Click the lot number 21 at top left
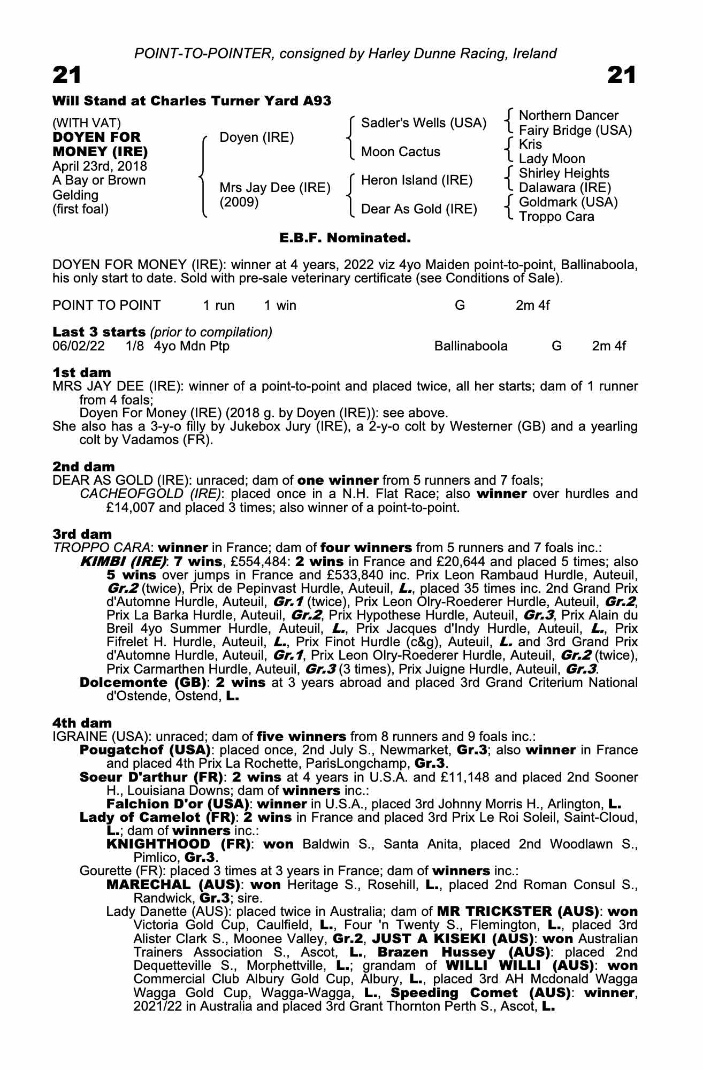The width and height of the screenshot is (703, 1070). click(x=67, y=75)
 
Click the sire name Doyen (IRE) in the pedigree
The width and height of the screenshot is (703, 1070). click(x=257, y=137)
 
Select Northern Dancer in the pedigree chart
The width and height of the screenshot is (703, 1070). click(x=569, y=116)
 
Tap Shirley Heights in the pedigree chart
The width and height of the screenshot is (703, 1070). click(x=564, y=173)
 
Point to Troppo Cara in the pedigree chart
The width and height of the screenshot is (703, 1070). click(x=556, y=217)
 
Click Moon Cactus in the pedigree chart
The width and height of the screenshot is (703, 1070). click(x=401, y=152)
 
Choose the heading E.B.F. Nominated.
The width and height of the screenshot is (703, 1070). click(x=345, y=238)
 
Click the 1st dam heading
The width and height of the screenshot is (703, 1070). click(x=82, y=373)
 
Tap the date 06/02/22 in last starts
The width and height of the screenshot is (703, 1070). click(x=79, y=346)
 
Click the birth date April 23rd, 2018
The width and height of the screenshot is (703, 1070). click(x=100, y=166)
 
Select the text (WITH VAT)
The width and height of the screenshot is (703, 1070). click(x=86, y=123)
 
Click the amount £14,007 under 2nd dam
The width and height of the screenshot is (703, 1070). click(x=131, y=507)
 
